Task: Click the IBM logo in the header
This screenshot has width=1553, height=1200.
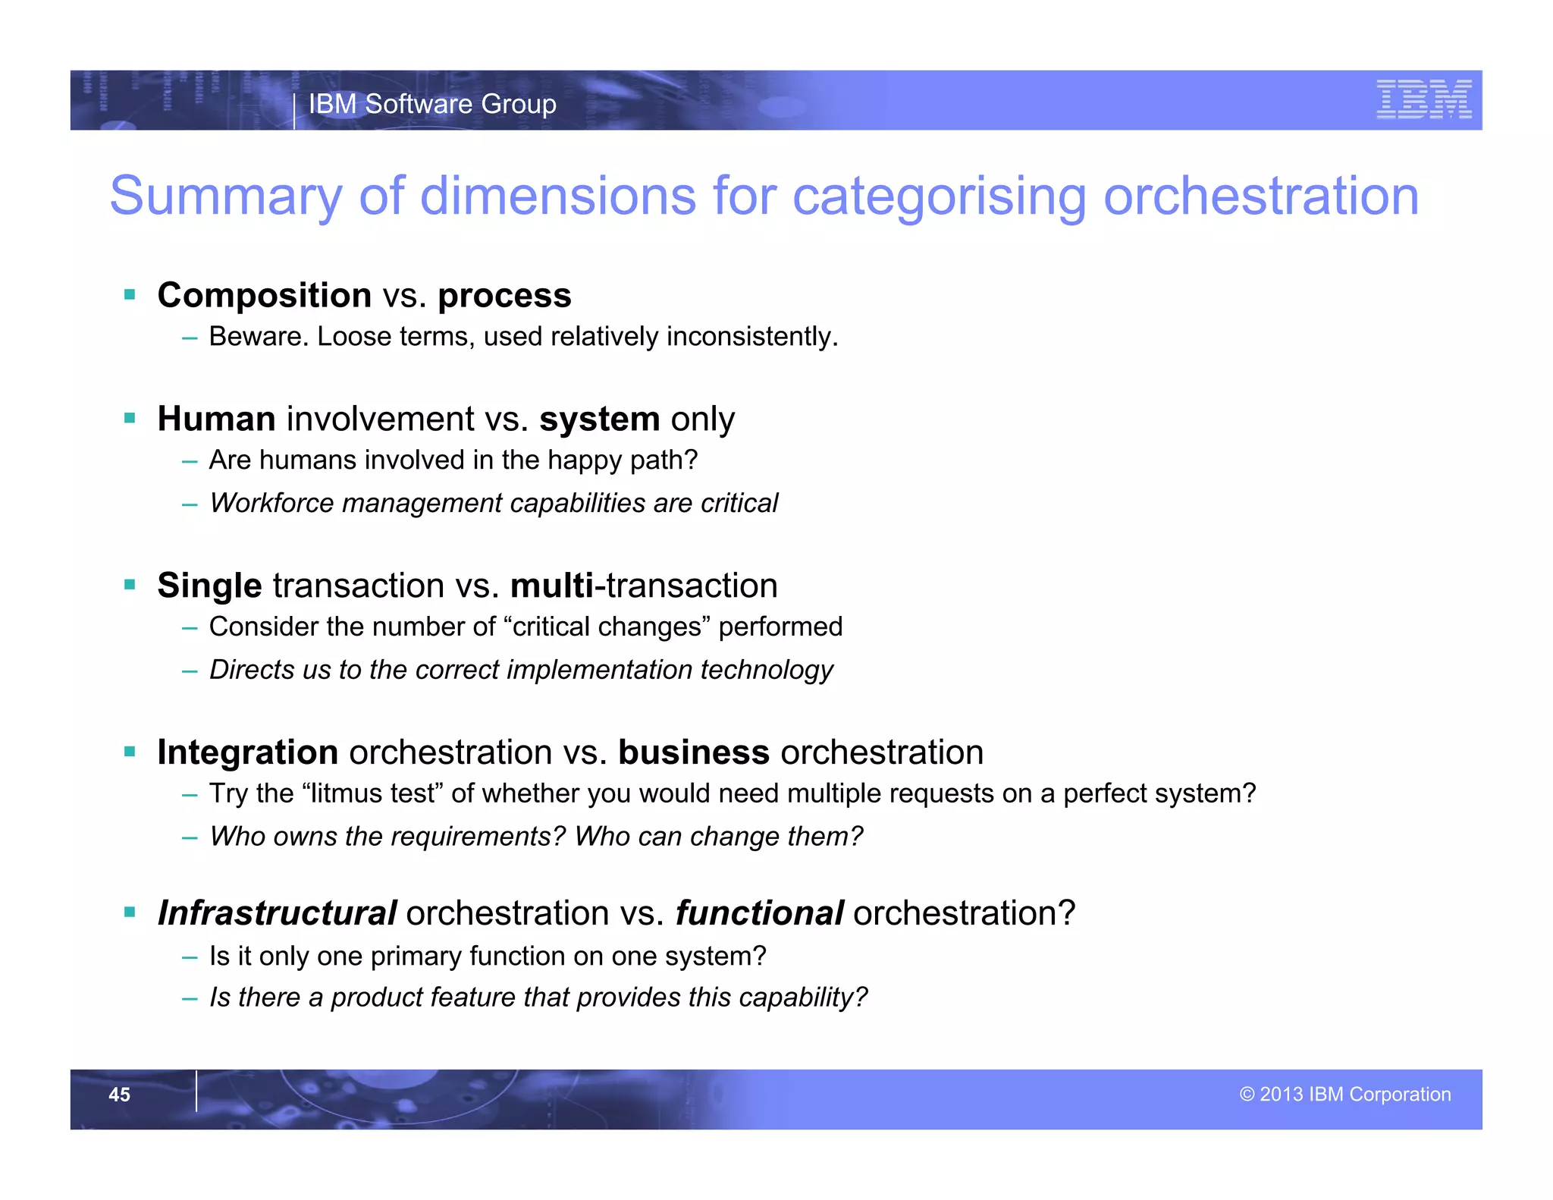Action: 1423,99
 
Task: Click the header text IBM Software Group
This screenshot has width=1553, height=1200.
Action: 432,104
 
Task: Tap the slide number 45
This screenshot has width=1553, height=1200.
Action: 119,1095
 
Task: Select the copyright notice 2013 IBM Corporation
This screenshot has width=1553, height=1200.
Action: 1345,1095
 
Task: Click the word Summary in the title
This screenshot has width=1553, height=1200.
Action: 226,196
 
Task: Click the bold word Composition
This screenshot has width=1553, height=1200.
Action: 264,295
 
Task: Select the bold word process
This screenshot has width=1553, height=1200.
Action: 504,295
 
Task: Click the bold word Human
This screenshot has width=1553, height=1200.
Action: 216,419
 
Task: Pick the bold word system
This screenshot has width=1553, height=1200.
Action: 599,419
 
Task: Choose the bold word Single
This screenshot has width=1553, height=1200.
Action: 209,586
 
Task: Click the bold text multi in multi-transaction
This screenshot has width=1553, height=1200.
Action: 552,586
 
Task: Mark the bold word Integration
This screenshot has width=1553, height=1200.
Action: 247,752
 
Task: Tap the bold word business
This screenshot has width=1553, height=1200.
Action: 693,752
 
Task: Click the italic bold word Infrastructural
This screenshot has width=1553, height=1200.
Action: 277,913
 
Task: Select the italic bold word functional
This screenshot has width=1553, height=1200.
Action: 759,913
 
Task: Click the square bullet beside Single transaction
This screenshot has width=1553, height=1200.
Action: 130,585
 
